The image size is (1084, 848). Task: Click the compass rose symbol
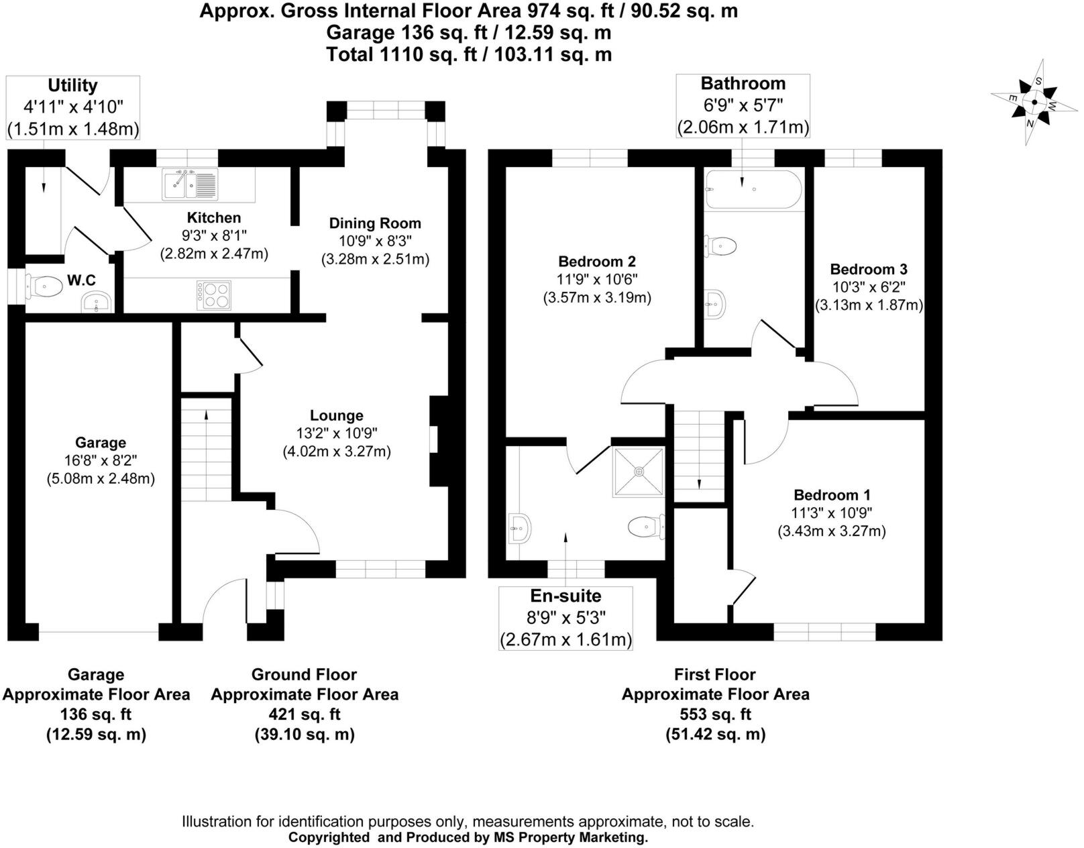point(1034,103)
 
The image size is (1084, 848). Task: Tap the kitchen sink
point(190,184)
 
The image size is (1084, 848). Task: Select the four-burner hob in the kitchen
point(214,295)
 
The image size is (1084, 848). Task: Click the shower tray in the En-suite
point(638,472)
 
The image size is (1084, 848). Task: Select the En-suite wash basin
point(520,529)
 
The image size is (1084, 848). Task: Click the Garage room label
point(101,443)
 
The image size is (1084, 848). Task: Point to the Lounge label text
point(337,416)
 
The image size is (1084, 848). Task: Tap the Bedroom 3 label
point(869,270)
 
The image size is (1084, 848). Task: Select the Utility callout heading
point(72,86)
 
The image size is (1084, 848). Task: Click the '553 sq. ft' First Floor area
point(715,714)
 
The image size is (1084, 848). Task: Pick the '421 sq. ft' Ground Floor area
point(305,714)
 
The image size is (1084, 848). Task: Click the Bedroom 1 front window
point(824,632)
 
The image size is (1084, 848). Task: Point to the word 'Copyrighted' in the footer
point(329,838)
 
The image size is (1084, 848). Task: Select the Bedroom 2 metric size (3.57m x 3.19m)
point(597,298)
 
